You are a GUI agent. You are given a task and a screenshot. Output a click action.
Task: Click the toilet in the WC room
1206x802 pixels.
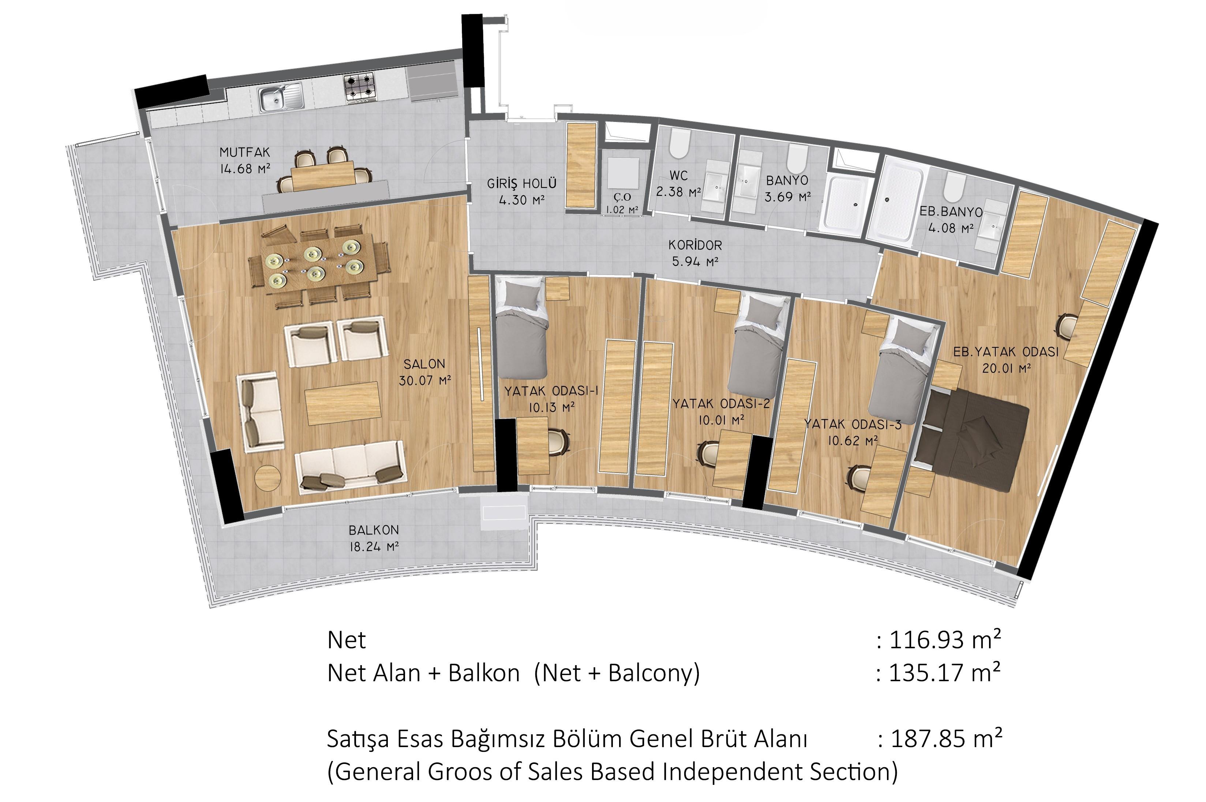click(x=679, y=144)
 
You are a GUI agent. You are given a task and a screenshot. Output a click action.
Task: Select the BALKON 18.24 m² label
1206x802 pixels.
click(x=374, y=538)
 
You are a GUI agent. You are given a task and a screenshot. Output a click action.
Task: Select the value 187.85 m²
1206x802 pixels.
click(x=946, y=739)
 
